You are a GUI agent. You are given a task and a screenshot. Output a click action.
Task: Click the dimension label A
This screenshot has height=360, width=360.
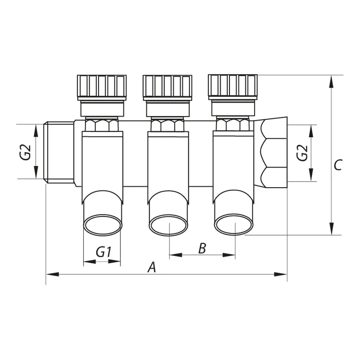(x=152, y=267)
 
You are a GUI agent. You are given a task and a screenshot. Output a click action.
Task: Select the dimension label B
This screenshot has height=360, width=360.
(x=202, y=248)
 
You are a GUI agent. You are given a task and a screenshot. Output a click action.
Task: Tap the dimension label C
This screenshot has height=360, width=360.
(x=338, y=165)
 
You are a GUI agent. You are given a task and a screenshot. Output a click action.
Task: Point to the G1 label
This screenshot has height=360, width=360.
(x=103, y=252)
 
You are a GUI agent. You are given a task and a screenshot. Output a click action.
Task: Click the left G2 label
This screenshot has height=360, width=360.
(x=26, y=152)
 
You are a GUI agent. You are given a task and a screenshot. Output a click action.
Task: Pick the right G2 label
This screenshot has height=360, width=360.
(x=303, y=152)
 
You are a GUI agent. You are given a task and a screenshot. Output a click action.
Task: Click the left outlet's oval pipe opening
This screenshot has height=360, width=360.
(x=103, y=225)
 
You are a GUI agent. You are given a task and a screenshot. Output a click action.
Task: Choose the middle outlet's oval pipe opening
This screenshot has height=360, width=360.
(x=168, y=225)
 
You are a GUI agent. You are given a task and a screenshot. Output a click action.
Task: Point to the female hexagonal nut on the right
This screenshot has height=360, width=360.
(x=274, y=152)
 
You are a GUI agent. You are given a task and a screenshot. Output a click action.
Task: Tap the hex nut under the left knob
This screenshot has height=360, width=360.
(x=102, y=125)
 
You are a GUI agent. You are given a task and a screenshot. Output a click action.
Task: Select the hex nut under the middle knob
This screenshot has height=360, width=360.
(x=168, y=125)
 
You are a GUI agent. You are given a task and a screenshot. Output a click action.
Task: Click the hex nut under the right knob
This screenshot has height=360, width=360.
(x=233, y=125)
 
